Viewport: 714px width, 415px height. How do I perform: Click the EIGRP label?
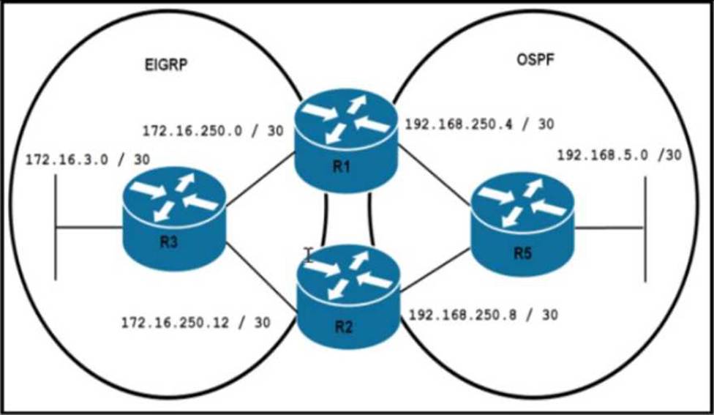point(168,64)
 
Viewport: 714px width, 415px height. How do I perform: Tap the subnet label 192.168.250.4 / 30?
point(479,124)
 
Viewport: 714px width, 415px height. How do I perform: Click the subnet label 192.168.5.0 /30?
point(619,155)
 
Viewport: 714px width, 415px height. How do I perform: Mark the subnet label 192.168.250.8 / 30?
point(483,315)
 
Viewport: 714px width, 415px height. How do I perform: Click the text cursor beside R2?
point(309,255)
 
